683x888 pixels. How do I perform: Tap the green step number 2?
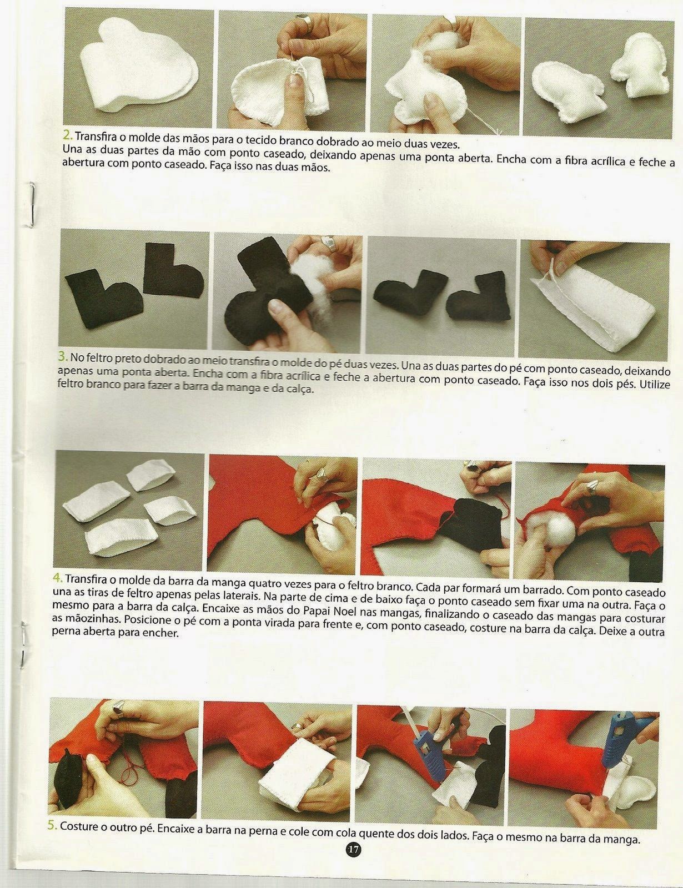pos(68,134)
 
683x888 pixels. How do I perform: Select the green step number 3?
pos(63,357)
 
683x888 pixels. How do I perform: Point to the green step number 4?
pos(58,578)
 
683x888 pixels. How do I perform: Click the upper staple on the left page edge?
pos(32,204)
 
